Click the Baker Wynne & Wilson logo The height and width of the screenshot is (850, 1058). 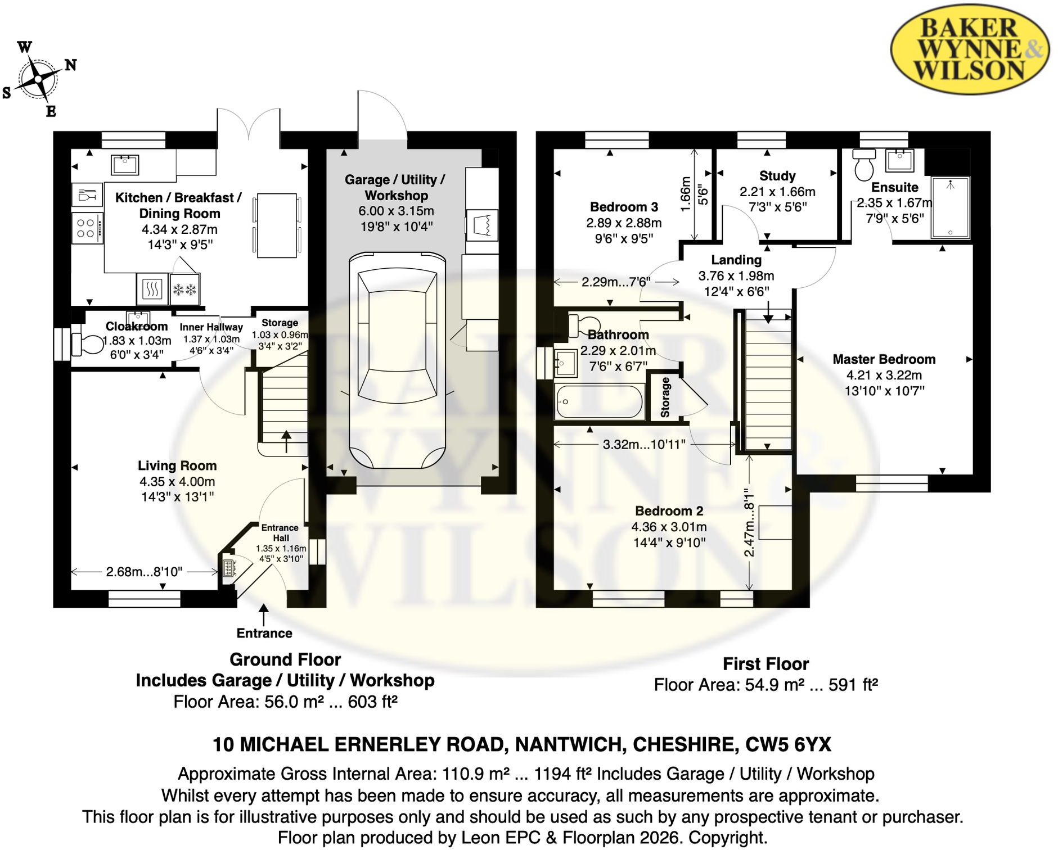tap(970, 49)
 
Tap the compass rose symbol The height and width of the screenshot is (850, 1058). tap(38, 79)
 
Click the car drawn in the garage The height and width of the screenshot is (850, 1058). tap(397, 360)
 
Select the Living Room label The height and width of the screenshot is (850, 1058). tap(177, 465)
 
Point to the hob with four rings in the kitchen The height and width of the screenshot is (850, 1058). tap(87, 228)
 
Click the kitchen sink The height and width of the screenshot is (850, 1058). tap(125, 164)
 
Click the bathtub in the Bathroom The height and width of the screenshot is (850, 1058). tap(599, 401)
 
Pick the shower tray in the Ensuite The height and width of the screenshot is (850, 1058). tap(950, 207)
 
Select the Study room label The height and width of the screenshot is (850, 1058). tap(777, 176)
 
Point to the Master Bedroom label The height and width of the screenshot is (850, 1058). tap(884, 359)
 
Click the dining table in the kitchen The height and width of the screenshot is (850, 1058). tap(277, 225)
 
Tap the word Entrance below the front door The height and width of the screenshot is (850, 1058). tap(264, 634)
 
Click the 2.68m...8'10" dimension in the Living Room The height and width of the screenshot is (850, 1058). tap(145, 572)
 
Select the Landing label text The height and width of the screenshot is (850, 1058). tap(736, 260)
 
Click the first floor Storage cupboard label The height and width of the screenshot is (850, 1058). tap(665, 397)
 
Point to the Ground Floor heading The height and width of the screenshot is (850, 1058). tap(285, 659)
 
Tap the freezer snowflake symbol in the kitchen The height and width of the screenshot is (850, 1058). tap(185, 290)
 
